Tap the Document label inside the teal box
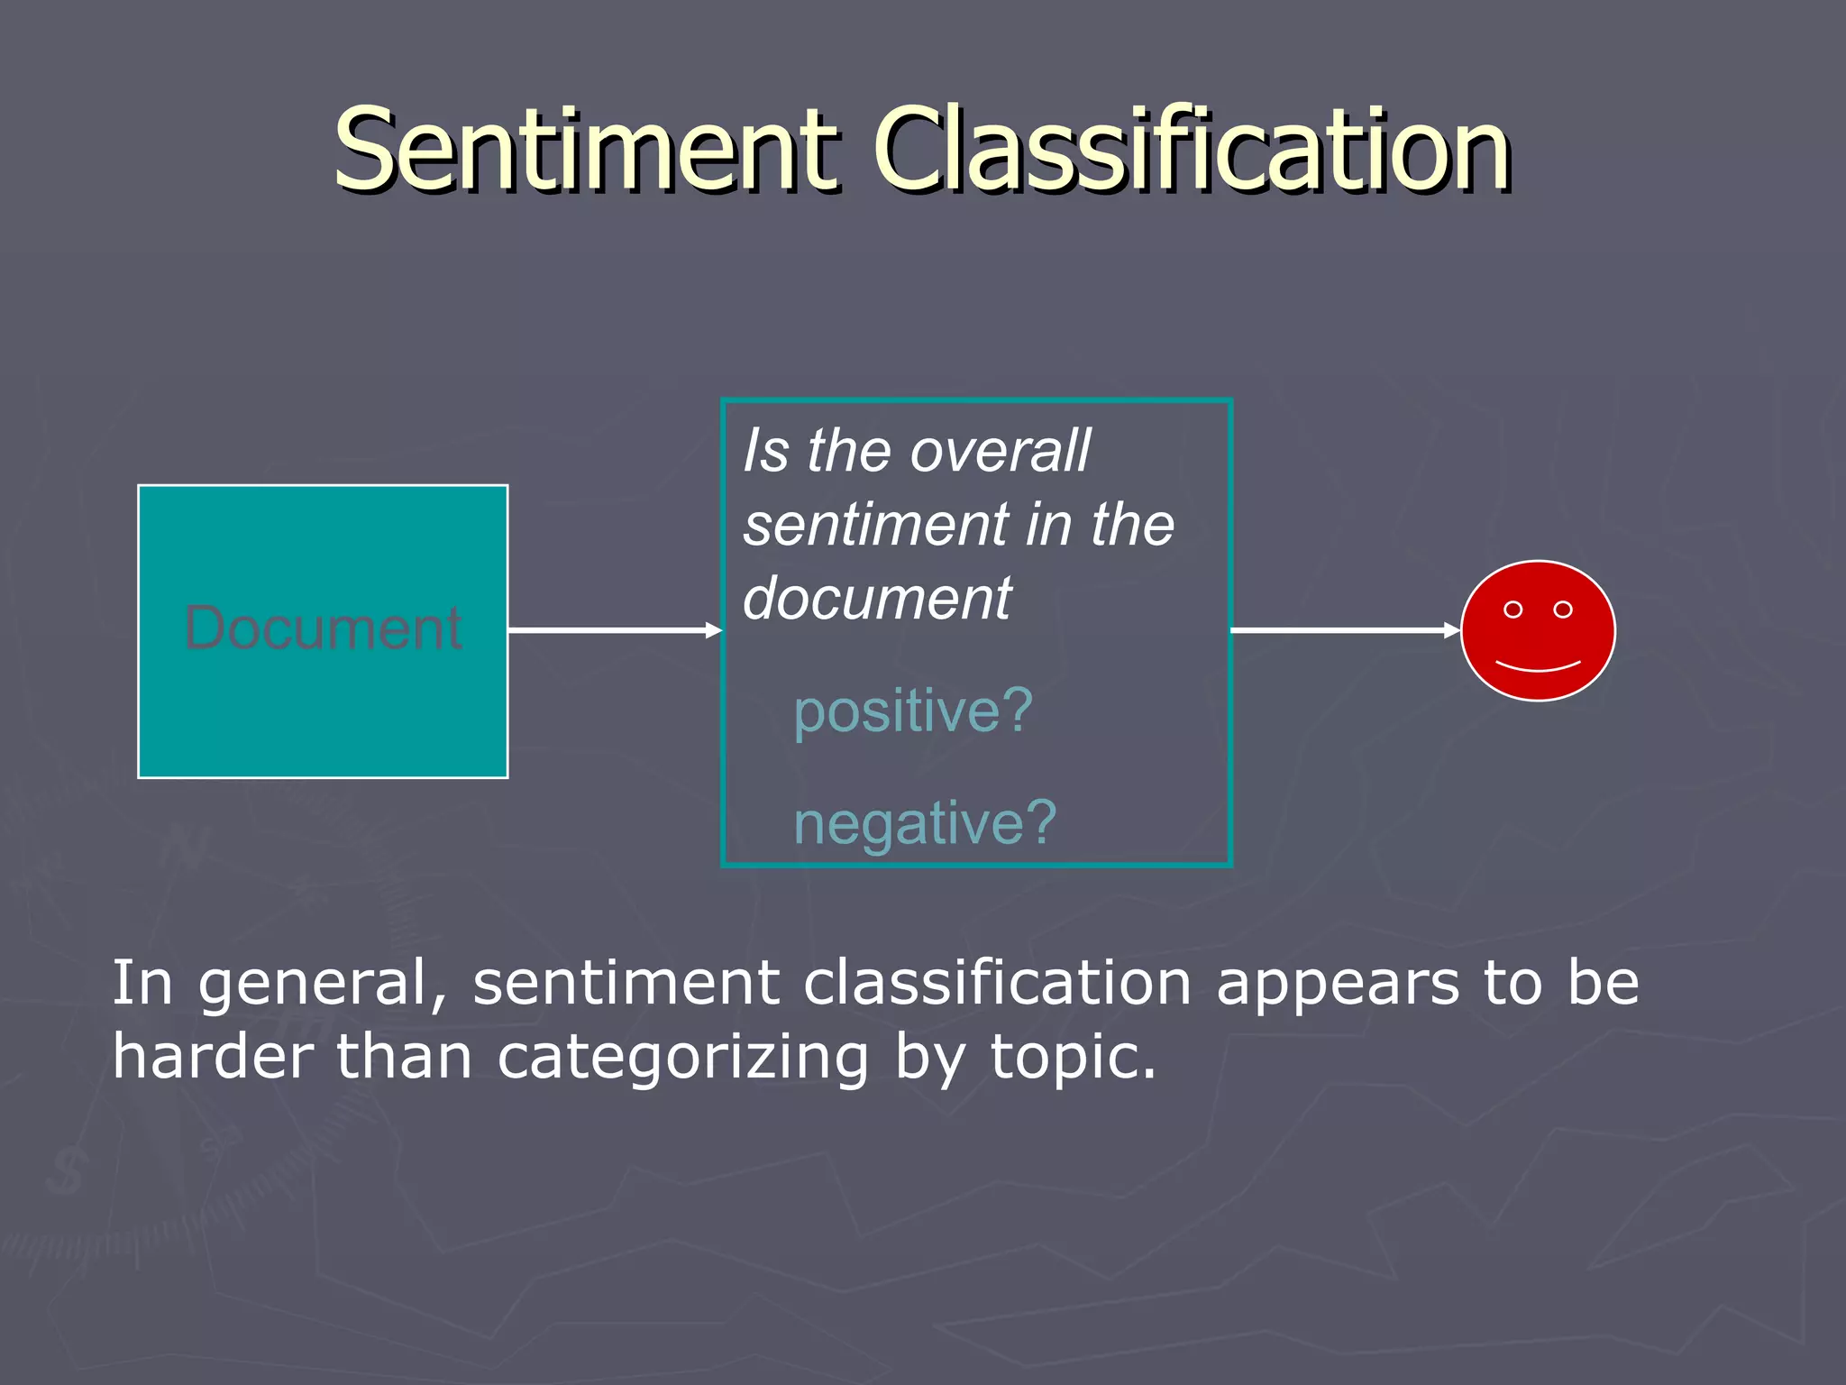[323, 628]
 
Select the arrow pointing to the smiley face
[1343, 630]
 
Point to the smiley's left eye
[1513, 610]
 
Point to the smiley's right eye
[1563, 610]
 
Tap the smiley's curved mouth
[1538, 668]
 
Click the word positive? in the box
[912, 711]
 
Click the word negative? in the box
[924, 822]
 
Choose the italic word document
[877, 599]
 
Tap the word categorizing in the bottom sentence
[682, 1058]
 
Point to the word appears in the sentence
[1337, 984]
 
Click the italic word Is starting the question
[765, 451]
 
